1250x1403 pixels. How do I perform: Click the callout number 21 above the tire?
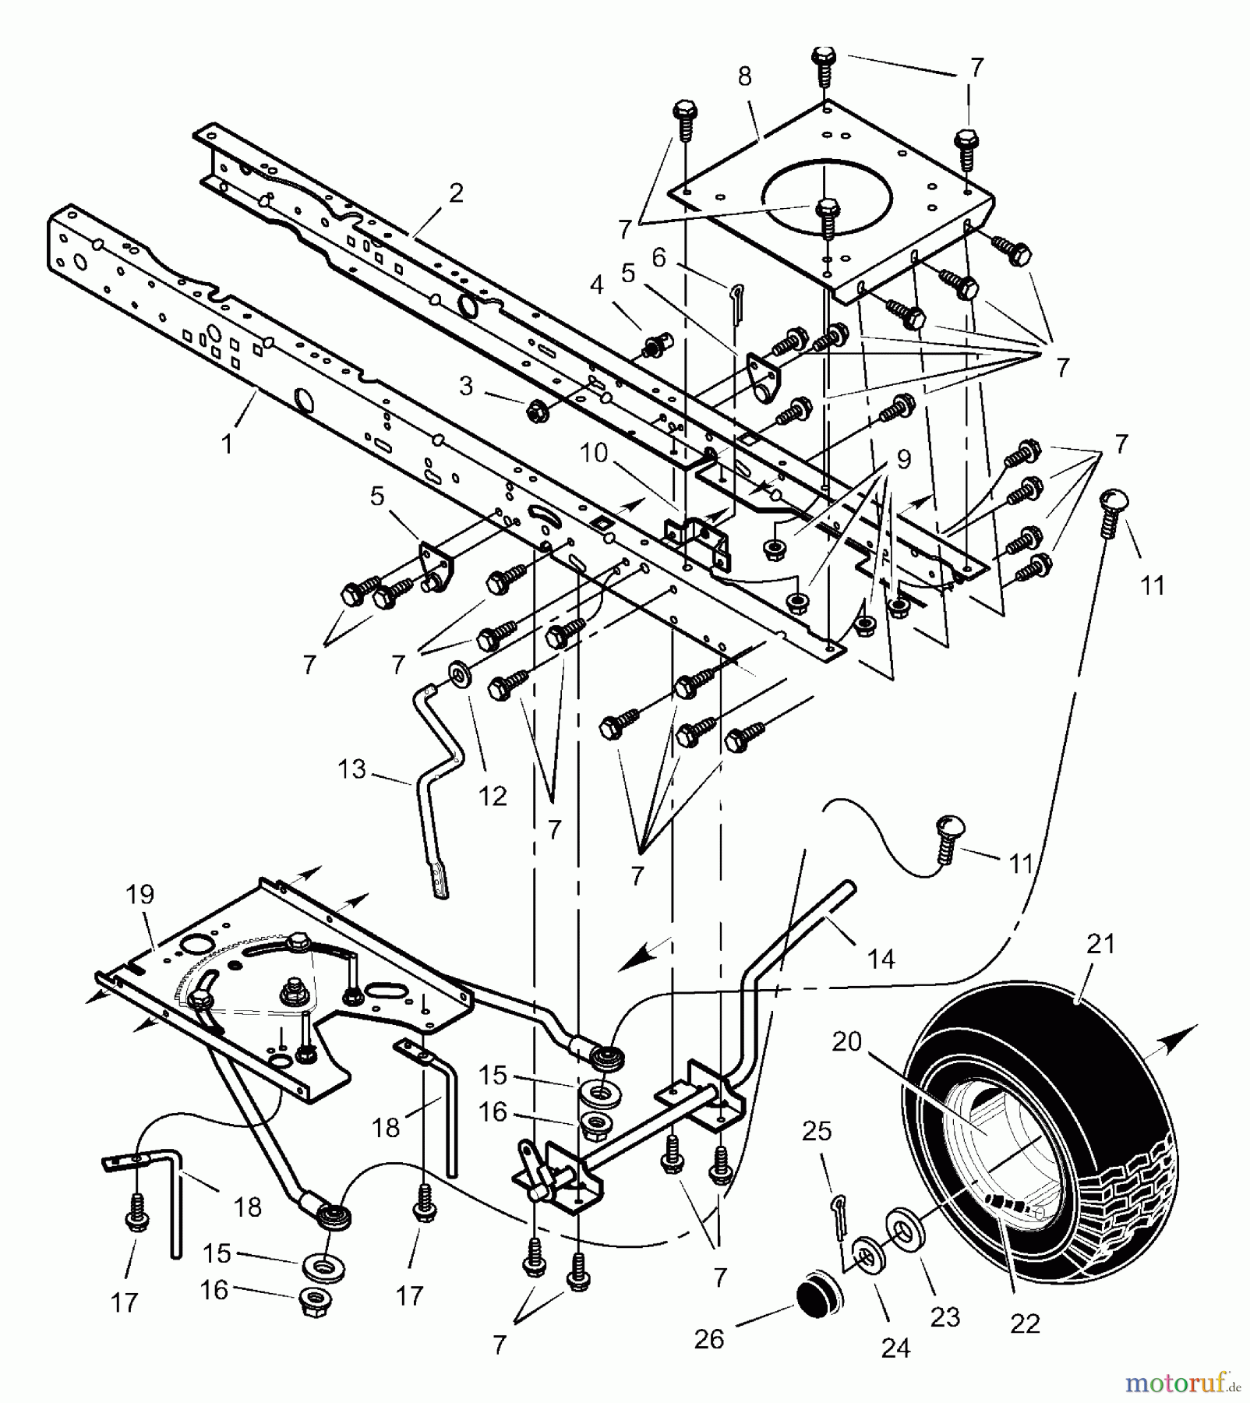(x=1101, y=944)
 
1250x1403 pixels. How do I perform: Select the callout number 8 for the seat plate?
(x=744, y=76)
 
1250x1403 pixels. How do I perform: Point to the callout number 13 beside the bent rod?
(x=351, y=769)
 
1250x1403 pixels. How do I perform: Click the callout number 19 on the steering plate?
(x=140, y=894)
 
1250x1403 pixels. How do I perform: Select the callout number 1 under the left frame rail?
(x=227, y=444)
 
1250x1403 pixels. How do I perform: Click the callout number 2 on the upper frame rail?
(x=456, y=193)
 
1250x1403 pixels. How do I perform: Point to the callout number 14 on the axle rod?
(x=881, y=959)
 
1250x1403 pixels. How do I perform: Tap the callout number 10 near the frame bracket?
(x=593, y=452)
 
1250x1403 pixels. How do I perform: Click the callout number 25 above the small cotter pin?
(x=817, y=1131)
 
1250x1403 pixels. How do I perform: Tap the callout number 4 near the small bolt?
(x=596, y=285)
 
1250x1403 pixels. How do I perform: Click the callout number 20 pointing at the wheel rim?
(x=846, y=1041)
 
